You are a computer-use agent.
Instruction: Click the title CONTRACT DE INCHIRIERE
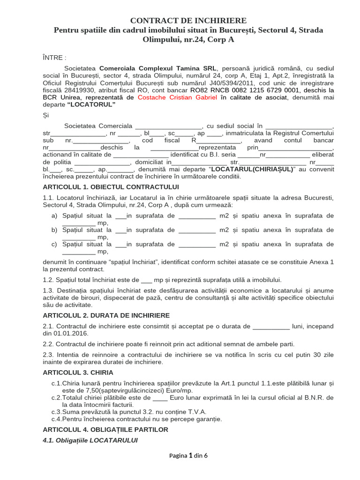point(188,21)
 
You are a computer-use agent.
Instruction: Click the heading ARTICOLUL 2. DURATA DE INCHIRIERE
point(106,315)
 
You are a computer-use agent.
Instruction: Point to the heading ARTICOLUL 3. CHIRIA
point(78,373)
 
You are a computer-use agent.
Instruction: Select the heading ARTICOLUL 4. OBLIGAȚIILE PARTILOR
point(105,429)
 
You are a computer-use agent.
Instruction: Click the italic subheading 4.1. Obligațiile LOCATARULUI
point(90,440)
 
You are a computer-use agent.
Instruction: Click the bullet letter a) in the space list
point(54,216)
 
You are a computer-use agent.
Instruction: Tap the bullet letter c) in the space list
point(54,244)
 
